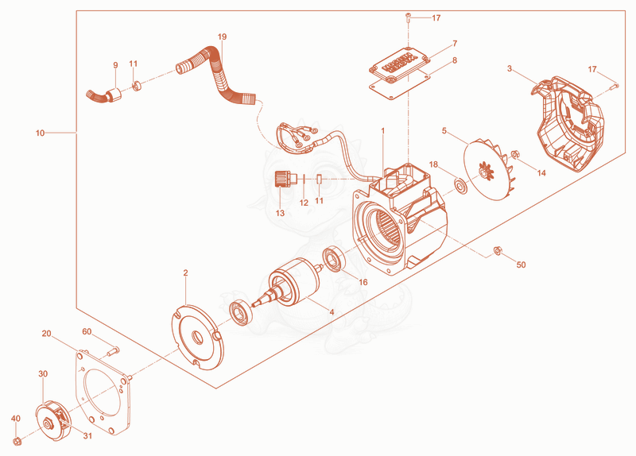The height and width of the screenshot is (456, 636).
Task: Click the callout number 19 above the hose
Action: click(222, 37)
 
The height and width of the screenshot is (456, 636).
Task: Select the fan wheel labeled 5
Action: click(484, 171)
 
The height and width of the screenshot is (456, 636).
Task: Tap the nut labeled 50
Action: click(496, 251)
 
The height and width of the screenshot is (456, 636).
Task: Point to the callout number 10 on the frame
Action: click(41, 133)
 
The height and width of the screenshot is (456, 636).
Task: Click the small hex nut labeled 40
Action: click(17, 441)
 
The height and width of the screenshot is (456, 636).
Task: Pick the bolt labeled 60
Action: click(113, 350)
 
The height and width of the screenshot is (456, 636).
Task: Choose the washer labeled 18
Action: click(461, 187)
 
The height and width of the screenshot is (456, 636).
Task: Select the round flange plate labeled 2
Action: click(197, 337)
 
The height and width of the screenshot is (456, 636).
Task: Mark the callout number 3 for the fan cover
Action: click(510, 69)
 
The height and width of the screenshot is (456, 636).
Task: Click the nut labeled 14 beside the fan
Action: click(515, 154)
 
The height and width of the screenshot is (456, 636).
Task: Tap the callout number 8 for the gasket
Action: click(454, 60)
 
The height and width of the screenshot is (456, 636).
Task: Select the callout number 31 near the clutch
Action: click(87, 436)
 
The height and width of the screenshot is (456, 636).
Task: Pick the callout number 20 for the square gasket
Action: click(47, 334)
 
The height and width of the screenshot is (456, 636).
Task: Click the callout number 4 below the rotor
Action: click(332, 312)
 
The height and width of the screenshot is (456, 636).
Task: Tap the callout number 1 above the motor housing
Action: click(382, 131)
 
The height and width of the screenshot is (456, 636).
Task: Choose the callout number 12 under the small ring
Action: click(304, 203)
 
